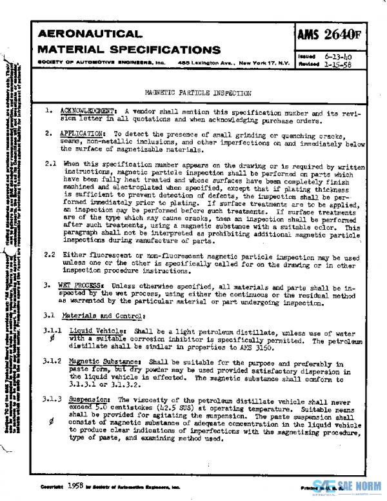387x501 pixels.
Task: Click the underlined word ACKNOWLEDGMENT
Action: pyautogui.click(x=89, y=111)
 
